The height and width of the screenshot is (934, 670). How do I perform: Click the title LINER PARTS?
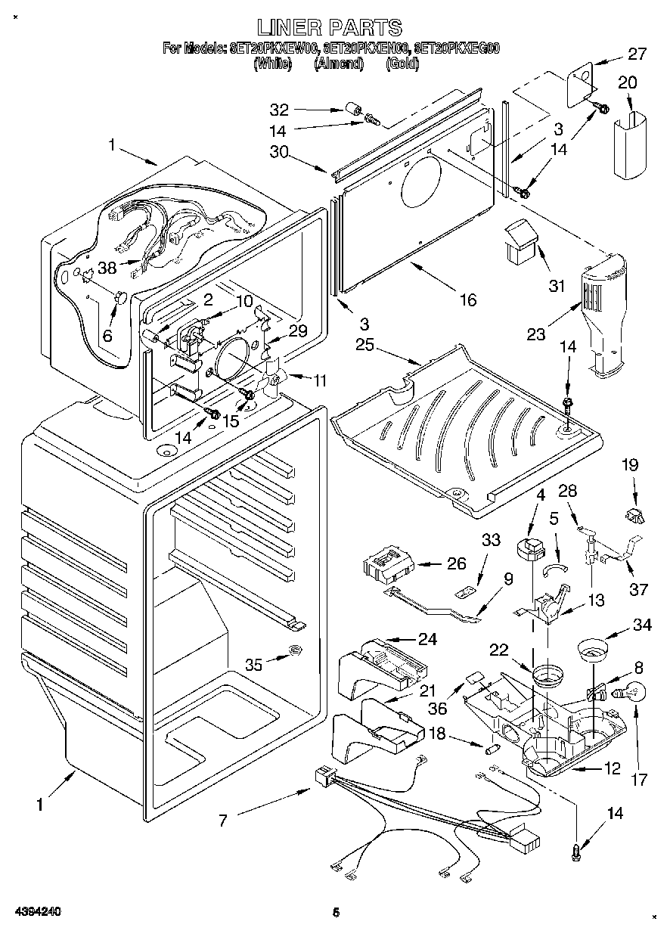329,28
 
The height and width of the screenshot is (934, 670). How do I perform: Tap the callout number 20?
628,82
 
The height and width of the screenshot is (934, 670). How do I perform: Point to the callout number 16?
467,300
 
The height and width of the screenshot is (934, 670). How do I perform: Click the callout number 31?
557,286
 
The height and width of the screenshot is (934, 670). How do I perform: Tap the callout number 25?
365,346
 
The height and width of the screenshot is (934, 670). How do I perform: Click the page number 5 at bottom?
335,913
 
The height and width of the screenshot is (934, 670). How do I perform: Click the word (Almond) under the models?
340,64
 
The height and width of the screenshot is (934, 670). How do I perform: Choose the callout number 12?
612,769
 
